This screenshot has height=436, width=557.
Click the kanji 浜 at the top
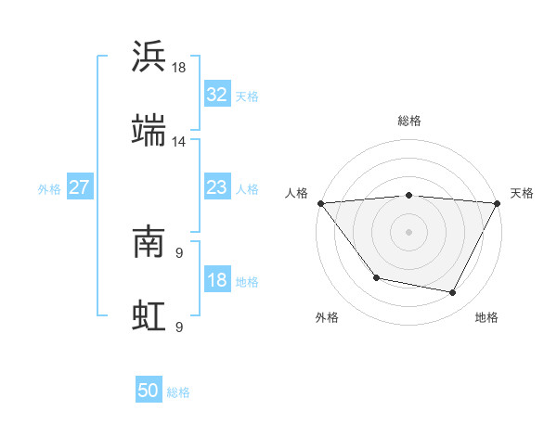(x=149, y=57)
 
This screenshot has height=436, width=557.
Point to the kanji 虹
(x=149, y=314)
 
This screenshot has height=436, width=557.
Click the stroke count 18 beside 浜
(x=179, y=68)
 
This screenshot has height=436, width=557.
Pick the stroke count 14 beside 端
(x=179, y=141)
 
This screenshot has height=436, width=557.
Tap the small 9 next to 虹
(x=178, y=326)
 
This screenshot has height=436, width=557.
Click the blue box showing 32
(x=216, y=94)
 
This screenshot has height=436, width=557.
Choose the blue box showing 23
(x=216, y=187)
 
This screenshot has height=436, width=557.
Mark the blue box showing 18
(x=216, y=280)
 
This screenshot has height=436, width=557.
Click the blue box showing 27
(x=79, y=187)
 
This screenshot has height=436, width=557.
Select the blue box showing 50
(x=149, y=391)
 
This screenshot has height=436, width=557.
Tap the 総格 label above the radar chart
(x=409, y=121)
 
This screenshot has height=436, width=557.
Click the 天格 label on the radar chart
(x=523, y=193)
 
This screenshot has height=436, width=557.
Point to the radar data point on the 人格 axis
(x=320, y=203)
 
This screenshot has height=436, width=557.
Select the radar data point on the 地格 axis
(x=453, y=293)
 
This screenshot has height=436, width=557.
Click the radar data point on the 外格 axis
(x=376, y=277)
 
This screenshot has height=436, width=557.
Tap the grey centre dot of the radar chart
(x=409, y=231)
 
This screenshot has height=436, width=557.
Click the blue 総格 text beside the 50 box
(x=178, y=392)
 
